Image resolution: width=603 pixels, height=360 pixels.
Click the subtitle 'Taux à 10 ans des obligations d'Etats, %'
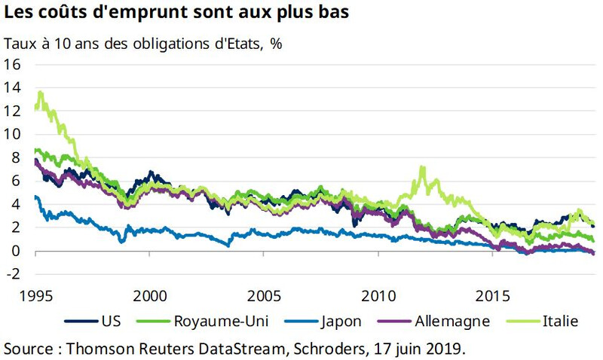[143, 43]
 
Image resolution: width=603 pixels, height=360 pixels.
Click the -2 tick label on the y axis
[12, 274]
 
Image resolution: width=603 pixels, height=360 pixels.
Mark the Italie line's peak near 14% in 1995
[40, 93]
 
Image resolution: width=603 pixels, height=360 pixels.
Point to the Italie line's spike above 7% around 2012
[422, 167]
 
